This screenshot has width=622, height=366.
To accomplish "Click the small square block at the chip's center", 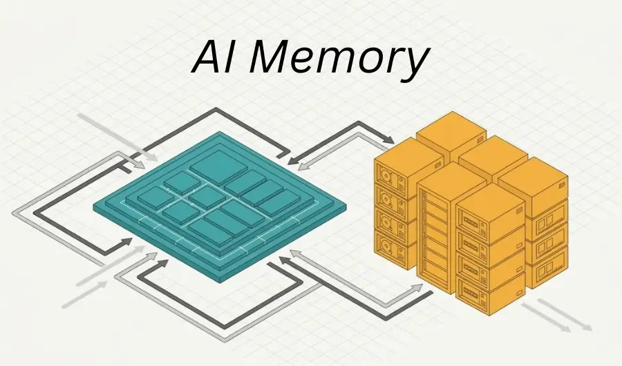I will pos(207,198).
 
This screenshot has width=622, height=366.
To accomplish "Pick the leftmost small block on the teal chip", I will pos(155,199).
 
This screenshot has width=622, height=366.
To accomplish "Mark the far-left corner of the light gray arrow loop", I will pos(16,211).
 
